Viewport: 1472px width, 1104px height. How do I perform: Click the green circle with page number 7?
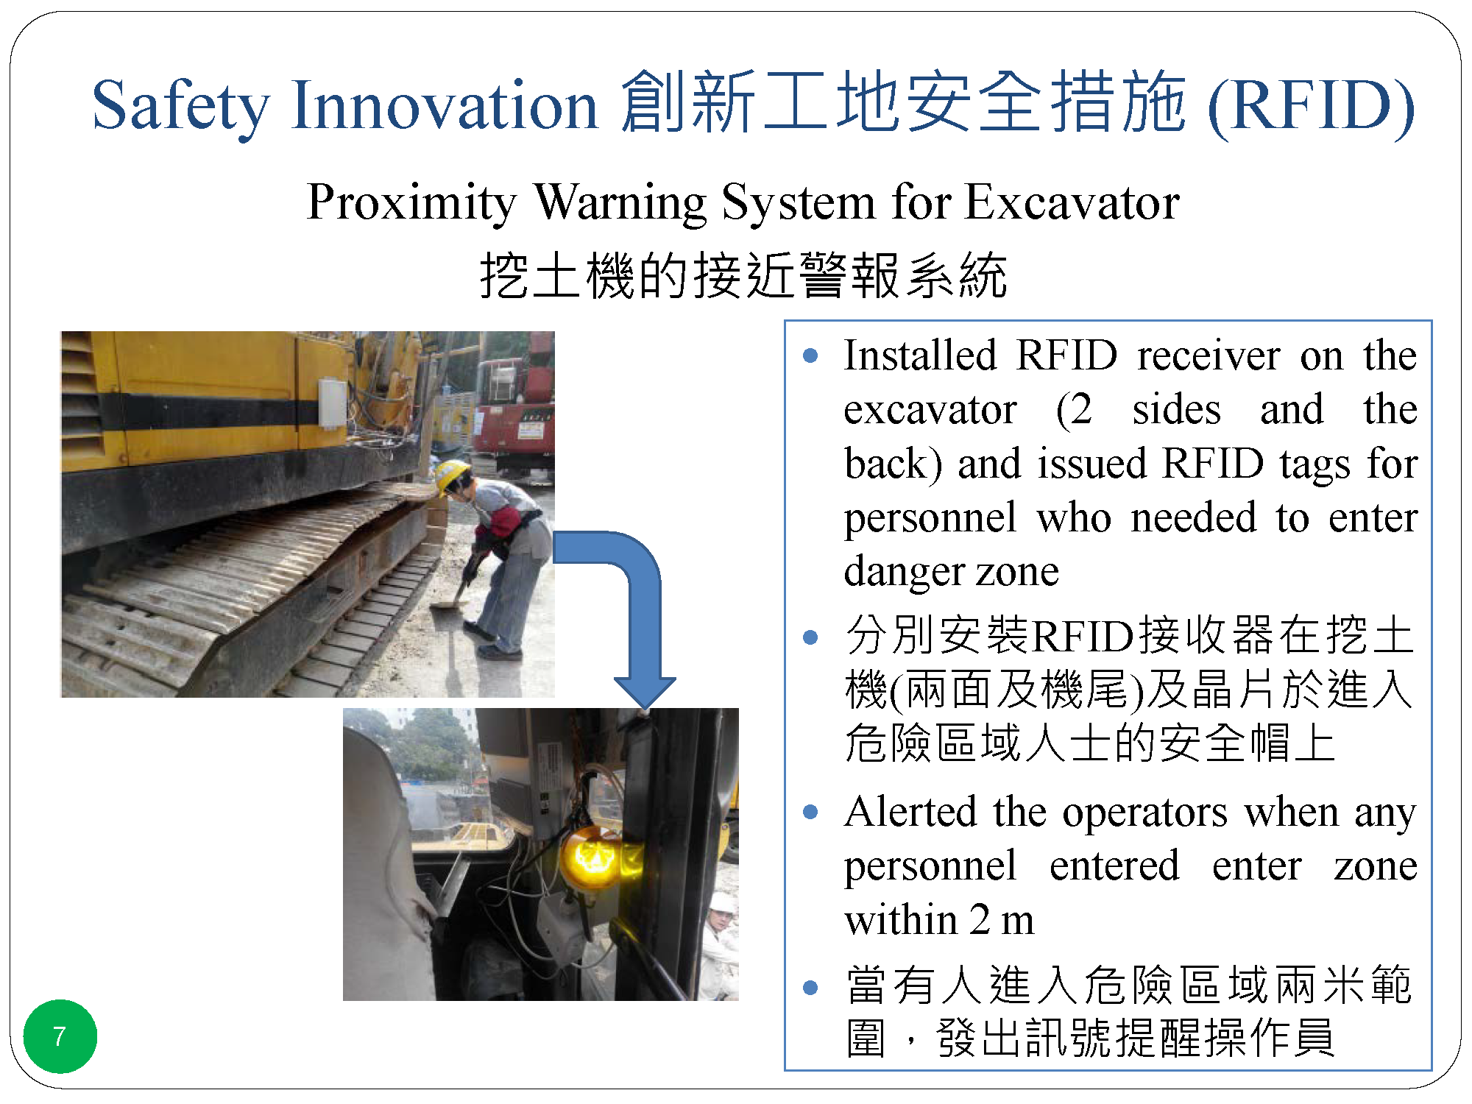60,1036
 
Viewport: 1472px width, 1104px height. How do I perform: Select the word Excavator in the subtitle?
1072,202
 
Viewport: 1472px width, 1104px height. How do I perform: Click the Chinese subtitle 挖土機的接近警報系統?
743,275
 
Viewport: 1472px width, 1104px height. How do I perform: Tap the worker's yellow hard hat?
450,475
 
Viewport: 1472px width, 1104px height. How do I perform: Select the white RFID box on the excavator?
332,403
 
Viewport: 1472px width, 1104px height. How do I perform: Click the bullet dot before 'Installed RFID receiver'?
810,356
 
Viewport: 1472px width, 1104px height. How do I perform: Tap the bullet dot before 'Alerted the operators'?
810,813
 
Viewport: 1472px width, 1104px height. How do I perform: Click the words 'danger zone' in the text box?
951,571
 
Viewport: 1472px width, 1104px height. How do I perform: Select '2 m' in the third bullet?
1002,920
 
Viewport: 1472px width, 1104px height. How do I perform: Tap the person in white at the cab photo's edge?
720,946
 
